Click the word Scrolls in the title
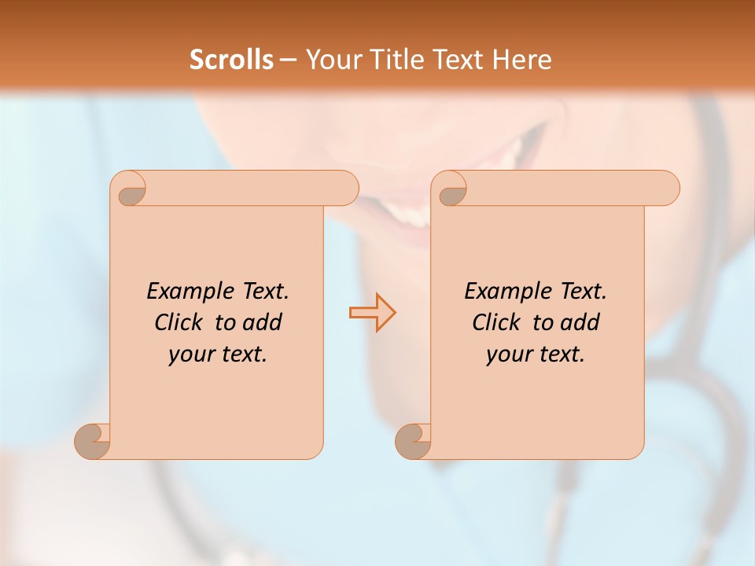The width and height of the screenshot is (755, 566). (231, 60)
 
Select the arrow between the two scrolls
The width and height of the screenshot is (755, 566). (372, 312)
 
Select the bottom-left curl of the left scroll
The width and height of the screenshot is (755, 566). (93, 442)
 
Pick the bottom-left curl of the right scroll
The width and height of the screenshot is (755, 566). (413, 442)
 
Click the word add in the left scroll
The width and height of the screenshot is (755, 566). (263, 322)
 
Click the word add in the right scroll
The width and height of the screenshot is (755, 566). (580, 322)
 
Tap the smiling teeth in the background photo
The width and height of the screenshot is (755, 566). (409, 212)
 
